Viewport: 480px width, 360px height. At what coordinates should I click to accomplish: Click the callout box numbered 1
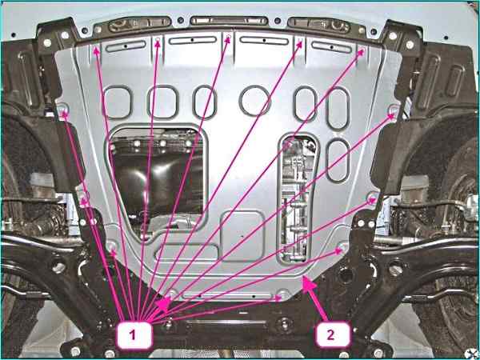134,335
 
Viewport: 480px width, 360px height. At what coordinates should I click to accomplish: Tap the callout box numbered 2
332,335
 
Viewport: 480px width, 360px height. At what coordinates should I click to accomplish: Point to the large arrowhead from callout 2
309,286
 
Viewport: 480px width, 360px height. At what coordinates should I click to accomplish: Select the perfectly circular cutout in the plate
254,101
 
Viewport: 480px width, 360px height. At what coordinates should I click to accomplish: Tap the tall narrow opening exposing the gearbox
296,198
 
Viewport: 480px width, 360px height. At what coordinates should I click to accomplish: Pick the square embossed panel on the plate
242,236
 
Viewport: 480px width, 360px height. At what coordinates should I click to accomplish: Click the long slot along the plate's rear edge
227,296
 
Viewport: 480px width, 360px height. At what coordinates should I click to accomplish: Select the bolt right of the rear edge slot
284,294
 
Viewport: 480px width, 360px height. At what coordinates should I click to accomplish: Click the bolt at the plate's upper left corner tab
62,109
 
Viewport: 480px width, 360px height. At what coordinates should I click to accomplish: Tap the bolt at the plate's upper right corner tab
394,110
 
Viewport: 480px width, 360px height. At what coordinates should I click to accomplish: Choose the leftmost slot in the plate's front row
126,46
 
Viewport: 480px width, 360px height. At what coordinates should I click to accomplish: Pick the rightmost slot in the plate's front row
331,47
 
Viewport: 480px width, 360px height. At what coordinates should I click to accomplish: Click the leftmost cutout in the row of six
118,102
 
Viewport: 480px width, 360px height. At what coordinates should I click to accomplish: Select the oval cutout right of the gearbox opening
338,161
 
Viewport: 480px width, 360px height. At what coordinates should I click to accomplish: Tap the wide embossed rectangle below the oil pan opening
186,252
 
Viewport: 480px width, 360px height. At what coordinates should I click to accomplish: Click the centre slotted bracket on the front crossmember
229,21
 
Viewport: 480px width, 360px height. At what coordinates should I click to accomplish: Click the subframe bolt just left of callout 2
285,325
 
